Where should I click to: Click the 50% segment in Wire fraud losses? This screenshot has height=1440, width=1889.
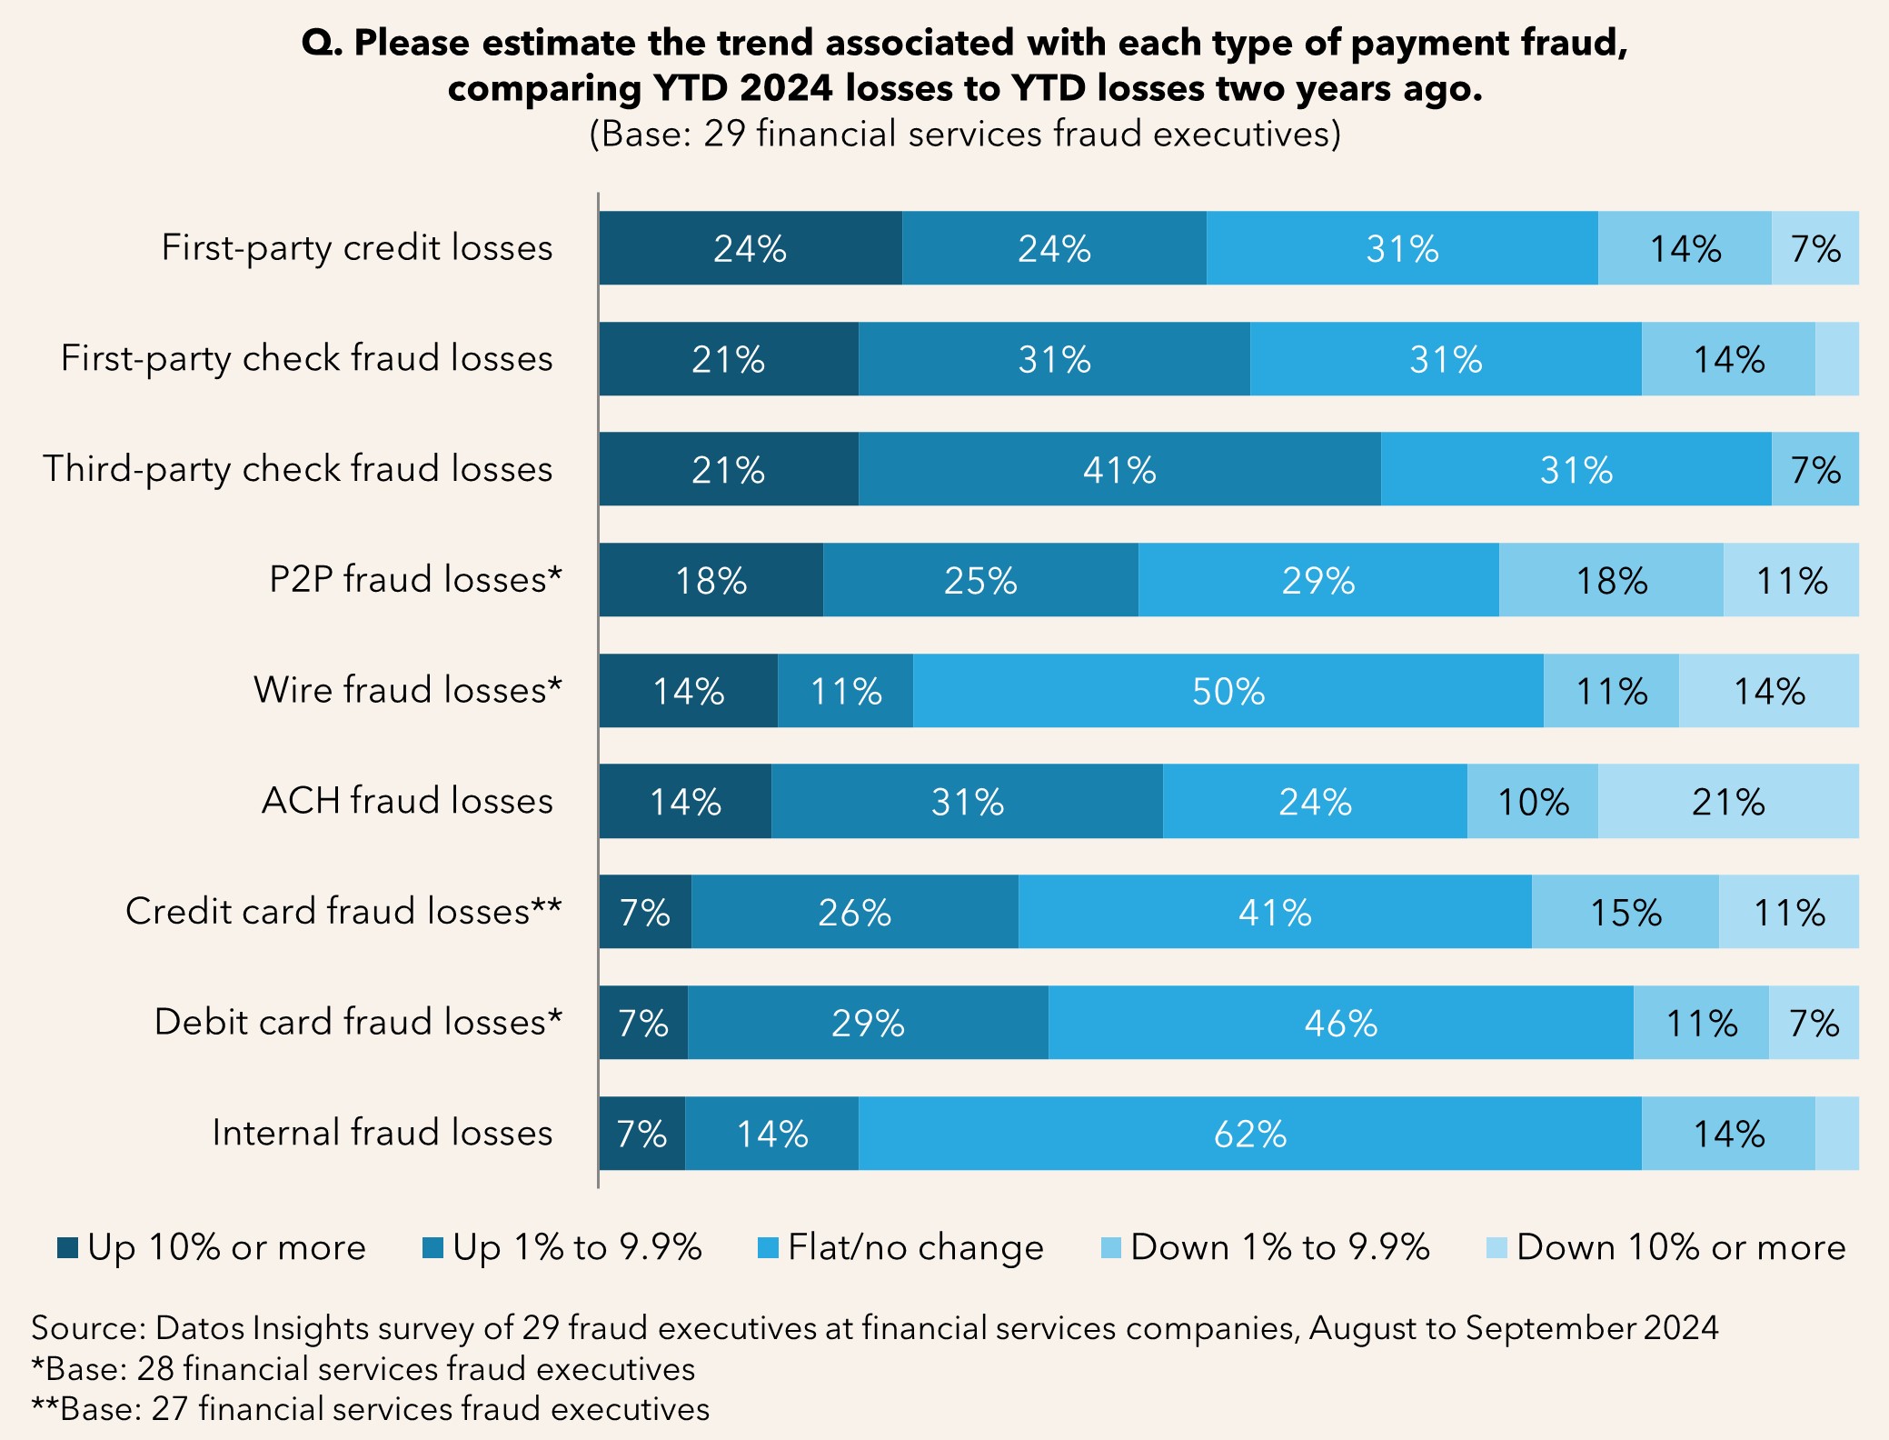(x=1228, y=691)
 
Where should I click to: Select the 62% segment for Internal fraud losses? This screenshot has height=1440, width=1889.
(x=1249, y=1134)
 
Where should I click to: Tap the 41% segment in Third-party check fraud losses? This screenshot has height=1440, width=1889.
(x=1119, y=469)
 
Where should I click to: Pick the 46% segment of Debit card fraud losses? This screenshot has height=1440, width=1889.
(x=1340, y=1023)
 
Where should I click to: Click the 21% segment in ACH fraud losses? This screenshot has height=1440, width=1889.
(x=1727, y=802)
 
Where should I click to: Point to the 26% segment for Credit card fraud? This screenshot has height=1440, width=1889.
(x=854, y=912)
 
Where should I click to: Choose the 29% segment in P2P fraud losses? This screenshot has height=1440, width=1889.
(x=1317, y=580)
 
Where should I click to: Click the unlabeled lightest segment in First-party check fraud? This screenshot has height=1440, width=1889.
(x=1836, y=359)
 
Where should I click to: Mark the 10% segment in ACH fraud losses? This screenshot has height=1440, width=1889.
(x=1532, y=802)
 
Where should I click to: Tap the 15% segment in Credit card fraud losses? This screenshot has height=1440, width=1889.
(x=1625, y=912)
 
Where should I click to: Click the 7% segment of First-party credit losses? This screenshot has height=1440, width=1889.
(x=1814, y=248)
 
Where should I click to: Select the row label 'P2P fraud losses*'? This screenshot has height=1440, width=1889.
(x=415, y=579)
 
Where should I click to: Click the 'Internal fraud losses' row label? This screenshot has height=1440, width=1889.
(x=383, y=1133)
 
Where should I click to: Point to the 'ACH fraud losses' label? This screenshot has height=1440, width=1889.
(x=407, y=801)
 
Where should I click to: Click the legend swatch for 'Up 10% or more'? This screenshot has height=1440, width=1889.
(x=68, y=1248)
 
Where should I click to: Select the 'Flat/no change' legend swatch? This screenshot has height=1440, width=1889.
(x=769, y=1248)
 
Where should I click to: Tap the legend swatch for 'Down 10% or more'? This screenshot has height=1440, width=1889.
(x=1496, y=1248)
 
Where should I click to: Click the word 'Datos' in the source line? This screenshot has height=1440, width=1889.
(x=200, y=1328)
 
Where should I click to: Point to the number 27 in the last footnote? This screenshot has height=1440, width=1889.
(x=170, y=1408)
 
